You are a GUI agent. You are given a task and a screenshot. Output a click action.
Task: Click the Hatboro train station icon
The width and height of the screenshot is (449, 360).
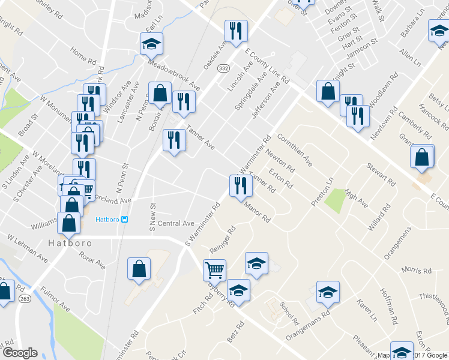click(x=125, y=219)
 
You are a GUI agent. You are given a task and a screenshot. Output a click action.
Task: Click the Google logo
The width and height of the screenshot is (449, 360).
click(x=20, y=353)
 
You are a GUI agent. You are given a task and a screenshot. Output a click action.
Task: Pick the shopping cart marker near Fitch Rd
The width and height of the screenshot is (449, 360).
click(x=214, y=271)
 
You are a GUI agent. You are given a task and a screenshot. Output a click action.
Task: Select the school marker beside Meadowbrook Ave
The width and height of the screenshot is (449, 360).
click(x=151, y=44)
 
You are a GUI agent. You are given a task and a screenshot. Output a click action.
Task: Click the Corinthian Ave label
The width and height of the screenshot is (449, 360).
click(x=300, y=153)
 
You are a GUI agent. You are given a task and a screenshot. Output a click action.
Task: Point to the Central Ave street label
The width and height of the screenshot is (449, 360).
click(x=176, y=223)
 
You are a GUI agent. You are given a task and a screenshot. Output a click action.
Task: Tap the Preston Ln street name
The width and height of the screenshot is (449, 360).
click(x=322, y=191)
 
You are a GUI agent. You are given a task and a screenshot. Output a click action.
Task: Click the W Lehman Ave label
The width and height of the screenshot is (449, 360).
click(x=28, y=248)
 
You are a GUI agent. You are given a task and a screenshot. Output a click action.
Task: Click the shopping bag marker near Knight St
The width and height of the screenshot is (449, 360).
click(x=327, y=92)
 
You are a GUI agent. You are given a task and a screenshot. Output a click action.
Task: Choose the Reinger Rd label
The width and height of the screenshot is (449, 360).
click(x=222, y=238)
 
